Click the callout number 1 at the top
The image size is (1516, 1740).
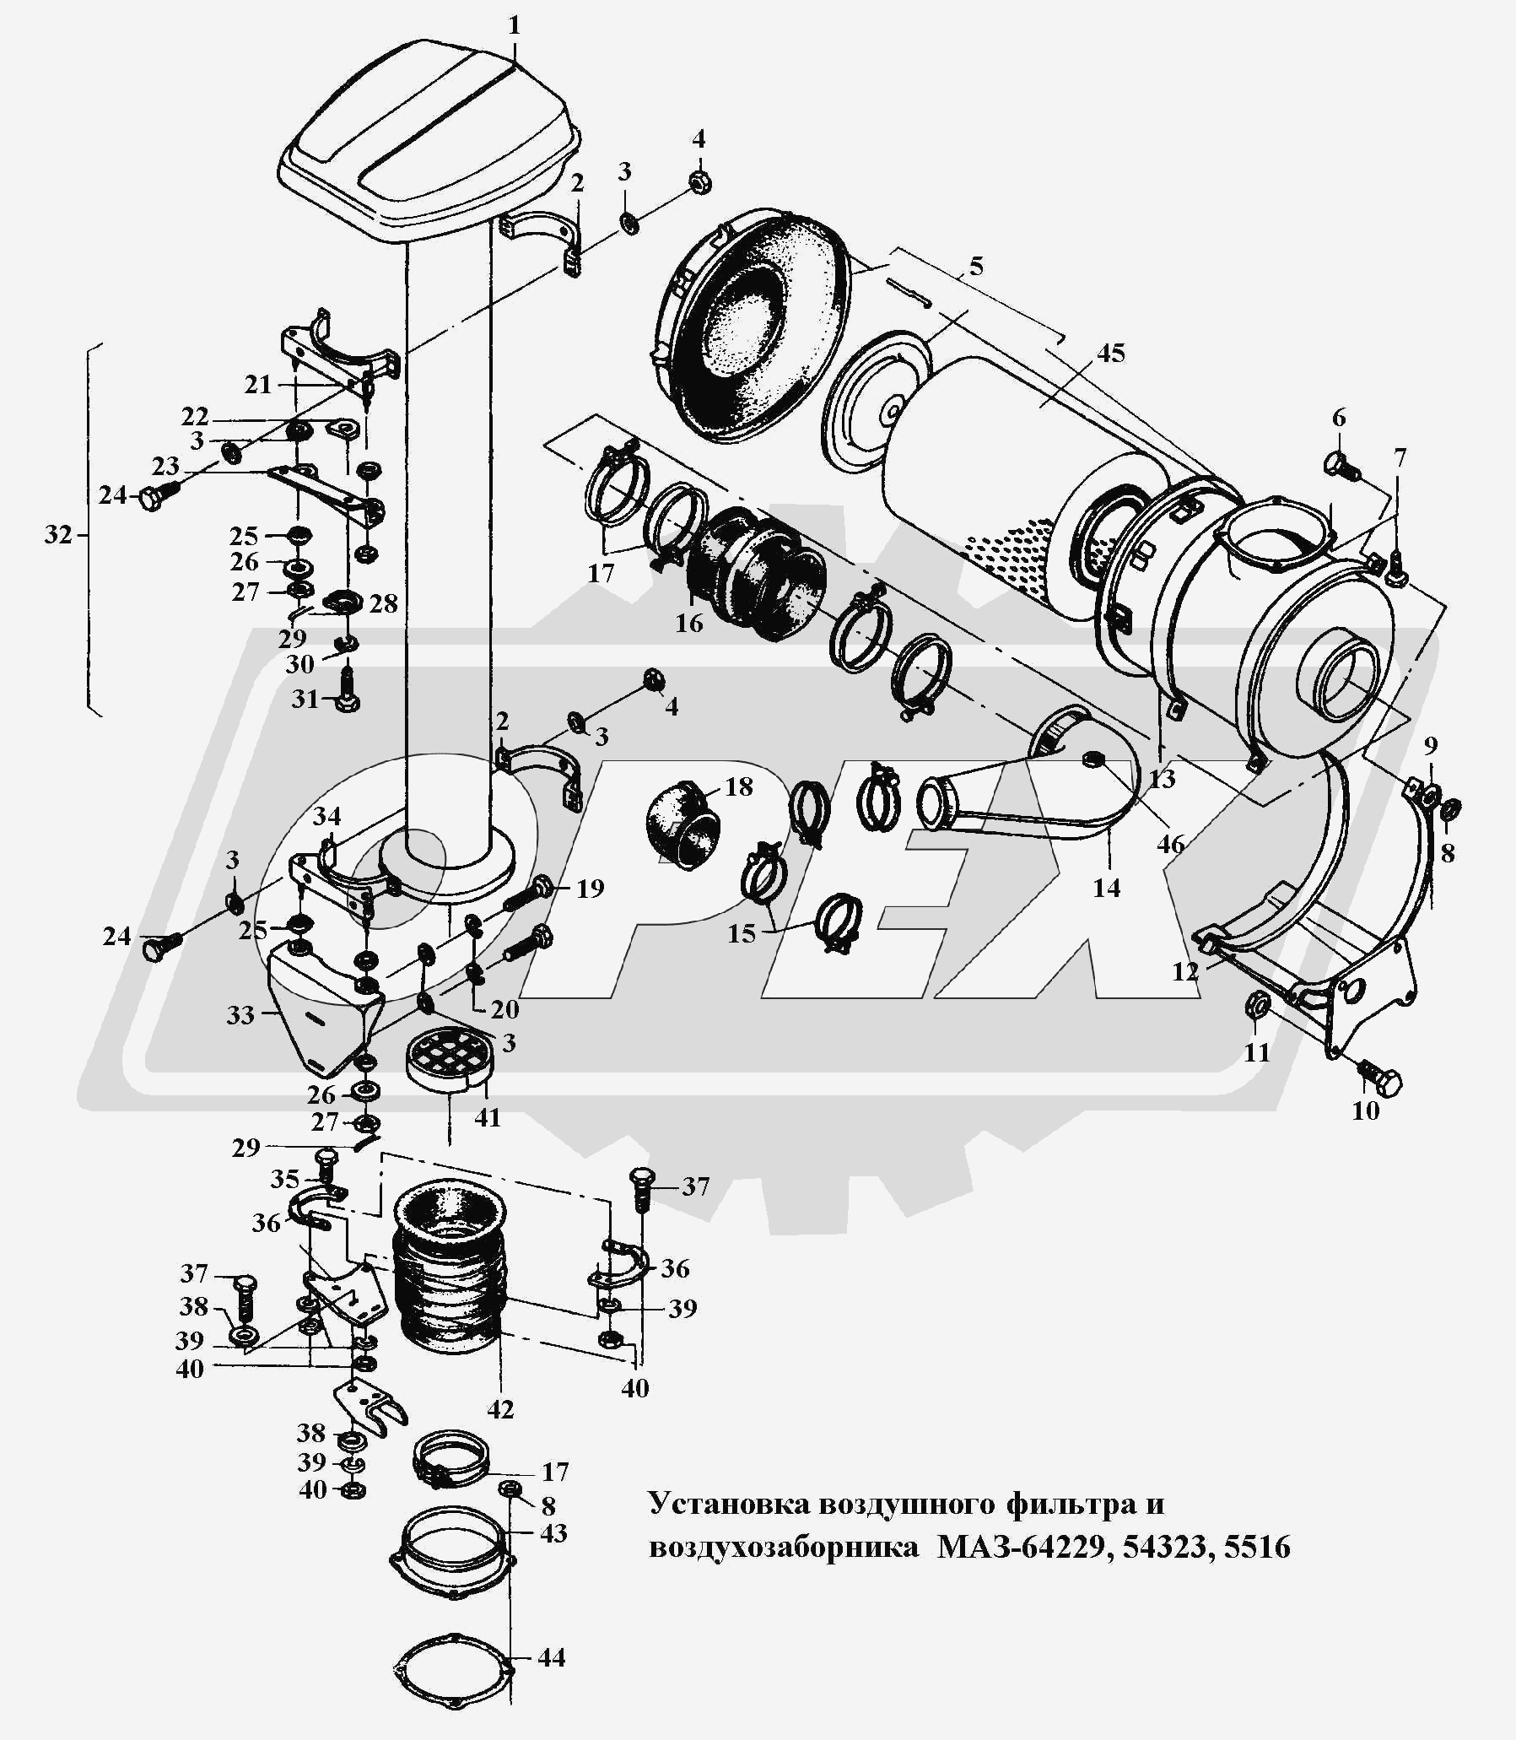click(x=515, y=26)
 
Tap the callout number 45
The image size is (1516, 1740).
click(x=1111, y=353)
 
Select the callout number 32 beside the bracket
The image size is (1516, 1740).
click(x=58, y=535)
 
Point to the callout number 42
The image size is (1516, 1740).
click(x=500, y=1409)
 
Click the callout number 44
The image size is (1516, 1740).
click(x=551, y=1656)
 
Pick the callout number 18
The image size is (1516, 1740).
click(x=738, y=786)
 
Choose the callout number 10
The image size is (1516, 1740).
click(x=1366, y=1110)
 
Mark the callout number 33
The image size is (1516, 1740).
click(x=240, y=1014)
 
